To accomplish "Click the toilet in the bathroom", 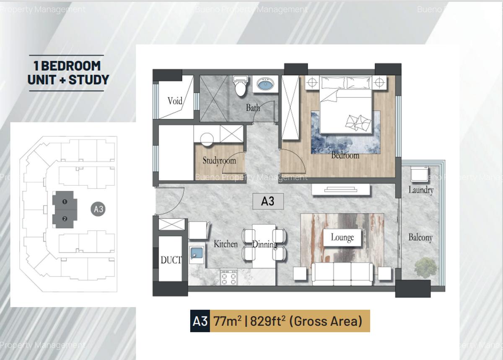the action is [x=241, y=86].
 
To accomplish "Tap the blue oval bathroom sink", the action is [x=265, y=84].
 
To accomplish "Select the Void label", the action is [x=175, y=101].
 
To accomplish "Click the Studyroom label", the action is [x=219, y=161].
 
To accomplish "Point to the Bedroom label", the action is [x=345, y=155].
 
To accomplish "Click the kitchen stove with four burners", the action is [x=229, y=277].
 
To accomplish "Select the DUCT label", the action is [x=171, y=260].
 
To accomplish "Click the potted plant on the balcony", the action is [x=425, y=268].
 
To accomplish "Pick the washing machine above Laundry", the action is [x=419, y=174].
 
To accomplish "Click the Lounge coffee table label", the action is [x=342, y=237].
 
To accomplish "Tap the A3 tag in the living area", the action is [x=268, y=201].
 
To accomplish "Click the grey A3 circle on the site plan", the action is [x=98, y=209].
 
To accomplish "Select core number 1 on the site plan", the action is [x=65, y=201].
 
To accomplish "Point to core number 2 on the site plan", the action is [x=65, y=219].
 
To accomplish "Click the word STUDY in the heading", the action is [x=89, y=80].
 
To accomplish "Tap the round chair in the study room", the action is [x=207, y=139].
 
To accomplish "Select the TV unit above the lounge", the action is [x=340, y=190].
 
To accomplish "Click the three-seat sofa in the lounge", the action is [x=342, y=274].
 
